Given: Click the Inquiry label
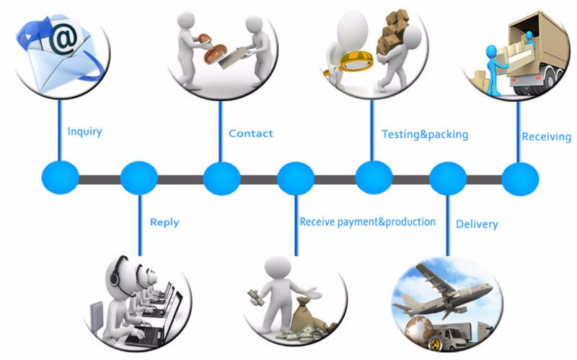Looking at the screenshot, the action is [x=84, y=132].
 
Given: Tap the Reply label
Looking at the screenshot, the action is [x=164, y=222].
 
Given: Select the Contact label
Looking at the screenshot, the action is [x=250, y=133].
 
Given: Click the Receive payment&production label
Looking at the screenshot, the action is [x=367, y=221].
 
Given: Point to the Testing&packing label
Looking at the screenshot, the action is [x=425, y=134].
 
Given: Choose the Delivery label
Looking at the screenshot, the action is [x=477, y=224].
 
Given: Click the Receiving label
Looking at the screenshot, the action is [x=546, y=136].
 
